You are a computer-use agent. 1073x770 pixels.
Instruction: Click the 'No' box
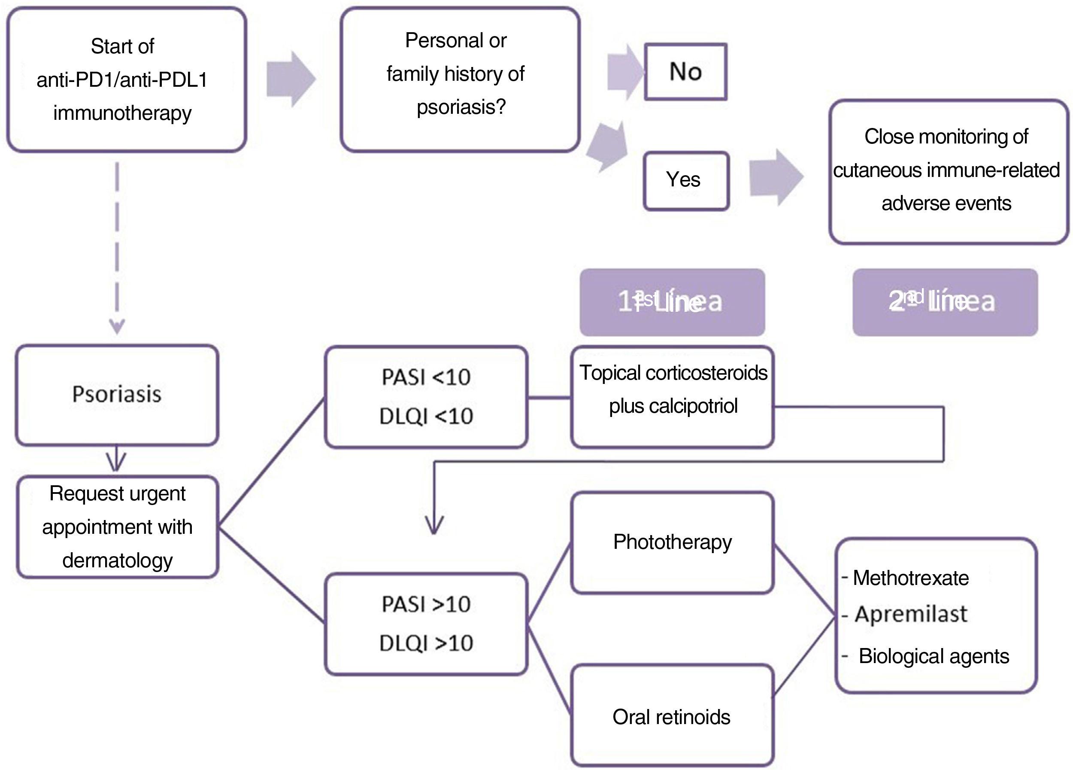click(x=685, y=72)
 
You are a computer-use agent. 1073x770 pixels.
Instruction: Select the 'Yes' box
click(x=685, y=180)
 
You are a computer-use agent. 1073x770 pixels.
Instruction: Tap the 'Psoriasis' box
click(x=117, y=395)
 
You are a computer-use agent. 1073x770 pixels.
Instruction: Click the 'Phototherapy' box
click(x=672, y=542)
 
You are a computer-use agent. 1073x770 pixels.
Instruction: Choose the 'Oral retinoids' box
click(x=671, y=716)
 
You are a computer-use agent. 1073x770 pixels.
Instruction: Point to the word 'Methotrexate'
click(x=911, y=578)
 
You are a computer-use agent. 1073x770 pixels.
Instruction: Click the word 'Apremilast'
click(x=911, y=614)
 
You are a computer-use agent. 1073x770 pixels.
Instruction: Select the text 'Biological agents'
click(x=934, y=656)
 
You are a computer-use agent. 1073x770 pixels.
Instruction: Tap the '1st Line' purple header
click(x=672, y=302)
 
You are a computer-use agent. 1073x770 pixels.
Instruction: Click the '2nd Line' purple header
click(x=945, y=302)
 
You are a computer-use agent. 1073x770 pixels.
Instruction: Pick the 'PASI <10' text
click(x=426, y=377)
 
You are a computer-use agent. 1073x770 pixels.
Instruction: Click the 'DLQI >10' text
click(x=426, y=643)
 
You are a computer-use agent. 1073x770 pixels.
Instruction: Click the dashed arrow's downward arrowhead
click(x=117, y=326)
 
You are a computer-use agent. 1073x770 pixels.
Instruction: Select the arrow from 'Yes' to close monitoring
click(x=776, y=177)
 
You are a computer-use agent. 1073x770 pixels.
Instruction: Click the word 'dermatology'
click(x=117, y=560)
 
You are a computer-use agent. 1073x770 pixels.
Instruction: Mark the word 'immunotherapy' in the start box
click(x=122, y=113)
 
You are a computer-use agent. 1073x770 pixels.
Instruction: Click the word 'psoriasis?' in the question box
click(x=461, y=107)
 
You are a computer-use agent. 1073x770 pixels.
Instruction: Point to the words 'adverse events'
click(x=946, y=204)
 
